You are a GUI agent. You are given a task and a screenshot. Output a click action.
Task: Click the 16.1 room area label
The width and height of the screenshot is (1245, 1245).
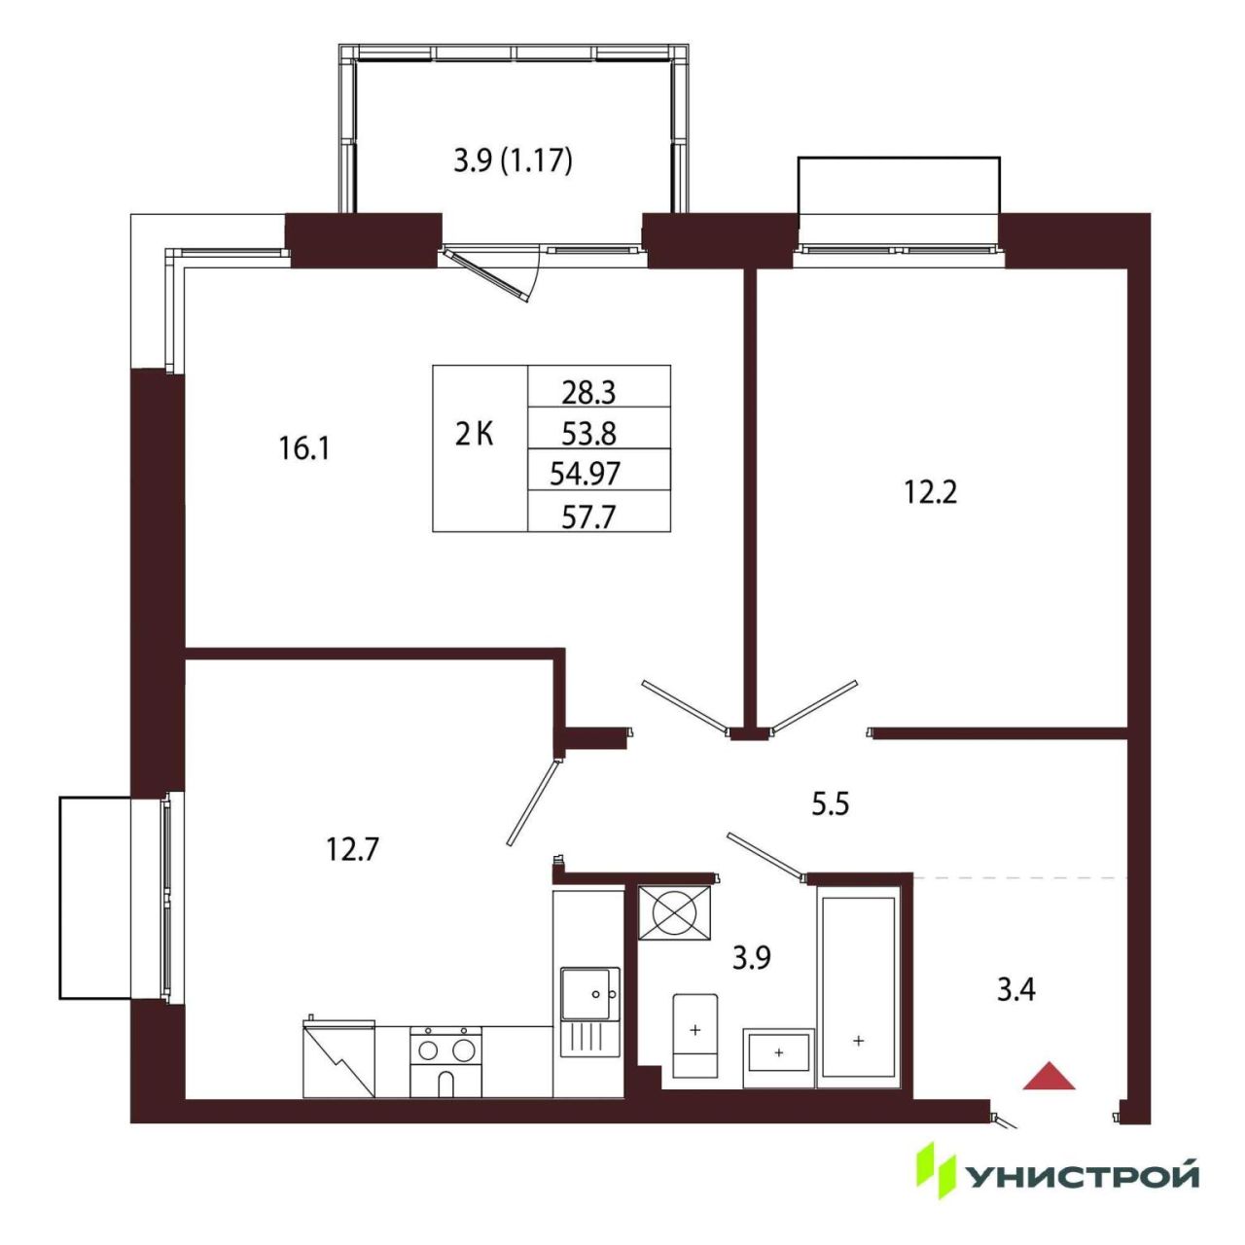click(x=303, y=448)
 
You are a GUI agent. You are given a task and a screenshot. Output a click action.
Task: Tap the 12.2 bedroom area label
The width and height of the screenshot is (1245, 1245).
click(x=930, y=493)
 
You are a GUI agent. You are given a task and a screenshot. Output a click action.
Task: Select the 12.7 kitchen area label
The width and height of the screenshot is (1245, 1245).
click(x=352, y=849)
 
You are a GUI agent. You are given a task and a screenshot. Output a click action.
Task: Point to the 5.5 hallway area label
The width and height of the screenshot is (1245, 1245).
click(x=831, y=805)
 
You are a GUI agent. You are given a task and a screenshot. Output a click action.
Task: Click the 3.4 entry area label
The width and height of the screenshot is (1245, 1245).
click(x=1016, y=989)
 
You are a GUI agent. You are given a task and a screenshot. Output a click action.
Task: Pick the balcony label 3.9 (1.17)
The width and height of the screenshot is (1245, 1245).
click(x=513, y=160)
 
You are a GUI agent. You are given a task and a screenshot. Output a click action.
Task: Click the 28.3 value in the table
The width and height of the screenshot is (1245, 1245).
click(x=588, y=392)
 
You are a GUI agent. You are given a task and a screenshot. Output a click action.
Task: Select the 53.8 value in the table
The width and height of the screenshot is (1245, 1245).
click(x=588, y=434)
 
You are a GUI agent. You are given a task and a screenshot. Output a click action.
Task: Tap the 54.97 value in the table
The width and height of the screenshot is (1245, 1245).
click(x=586, y=475)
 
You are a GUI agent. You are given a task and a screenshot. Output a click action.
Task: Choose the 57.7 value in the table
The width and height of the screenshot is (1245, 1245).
click(x=588, y=516)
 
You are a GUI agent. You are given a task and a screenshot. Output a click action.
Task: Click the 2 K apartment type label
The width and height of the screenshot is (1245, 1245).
click(x=475, y=434)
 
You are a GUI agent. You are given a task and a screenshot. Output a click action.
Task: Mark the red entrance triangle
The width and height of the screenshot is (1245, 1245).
click(x=1049, y=1076)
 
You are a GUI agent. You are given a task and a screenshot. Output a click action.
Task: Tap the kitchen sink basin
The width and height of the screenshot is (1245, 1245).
click(x=589, y=995)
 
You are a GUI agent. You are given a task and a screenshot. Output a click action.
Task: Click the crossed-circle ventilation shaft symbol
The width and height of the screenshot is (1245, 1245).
click(x=674, y=912)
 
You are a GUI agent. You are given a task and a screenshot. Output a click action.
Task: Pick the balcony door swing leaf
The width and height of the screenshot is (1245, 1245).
click(x=488, y=276)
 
